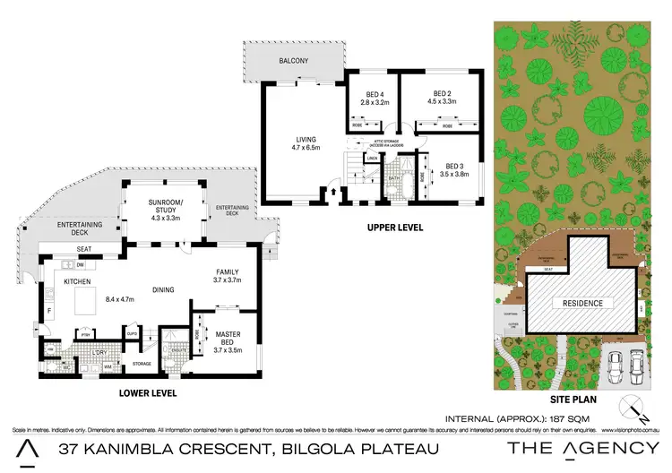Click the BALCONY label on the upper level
[292, 60]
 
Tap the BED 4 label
[375, 94]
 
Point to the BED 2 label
[441, 94]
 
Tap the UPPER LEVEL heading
[395, 228]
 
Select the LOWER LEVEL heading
[150, 393]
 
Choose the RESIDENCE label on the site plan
[580, 303]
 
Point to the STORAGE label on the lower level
[142, 364]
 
